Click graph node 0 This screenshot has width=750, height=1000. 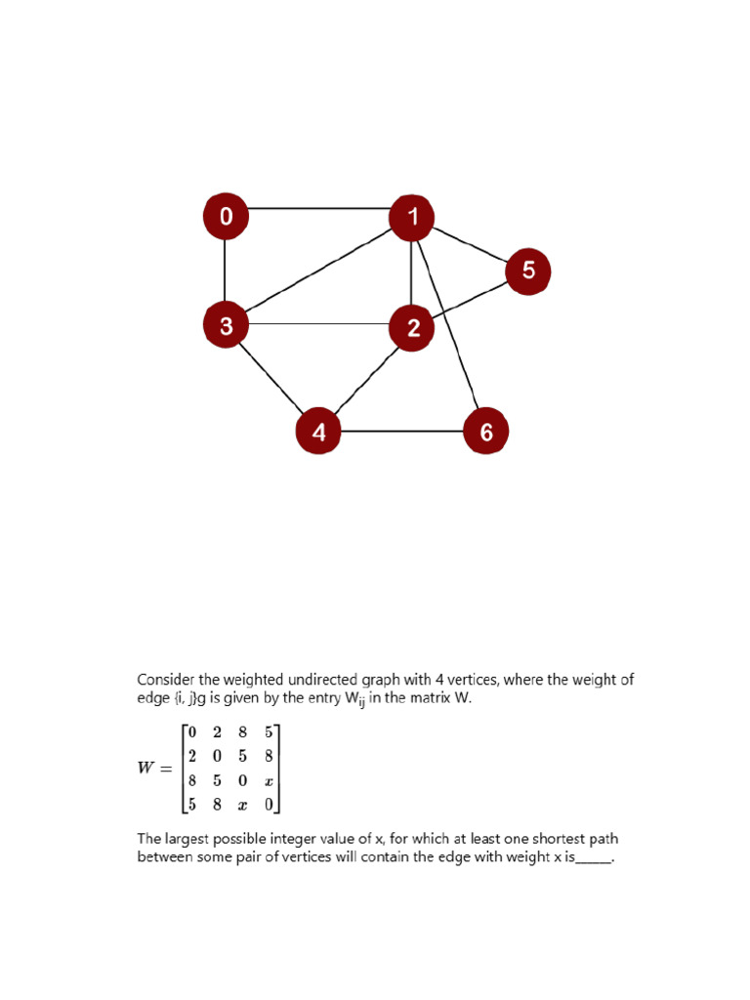click(226, 217)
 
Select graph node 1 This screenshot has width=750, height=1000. click(411, 217)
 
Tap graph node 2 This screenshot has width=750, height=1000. click(411, 328)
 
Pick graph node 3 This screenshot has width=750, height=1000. click(226, 325)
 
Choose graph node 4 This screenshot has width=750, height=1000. click(318, 432)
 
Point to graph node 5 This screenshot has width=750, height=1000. click(527, 271)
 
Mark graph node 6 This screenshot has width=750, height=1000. click(485, 432)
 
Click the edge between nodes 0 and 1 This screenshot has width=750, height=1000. click(318, 208)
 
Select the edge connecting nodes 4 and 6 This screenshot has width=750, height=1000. click(402, 431)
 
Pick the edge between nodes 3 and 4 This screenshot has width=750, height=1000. click(271, 378)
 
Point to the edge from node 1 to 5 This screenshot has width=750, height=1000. click(470, 244)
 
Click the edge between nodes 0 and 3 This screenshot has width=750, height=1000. click(226, 271)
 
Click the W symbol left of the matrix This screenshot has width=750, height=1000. click(146, 768)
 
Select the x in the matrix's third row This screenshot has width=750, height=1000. click(268, 780)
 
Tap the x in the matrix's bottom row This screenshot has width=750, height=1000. click(243, 805)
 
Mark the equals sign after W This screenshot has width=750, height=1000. click(166, 769)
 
